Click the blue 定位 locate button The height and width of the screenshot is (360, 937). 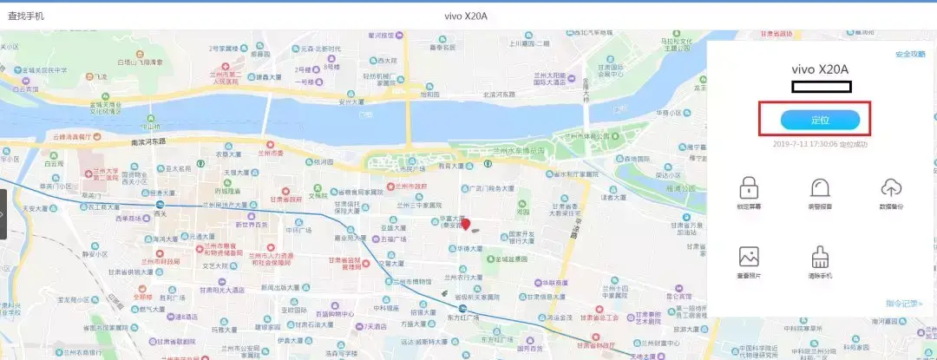[x=819, y=120]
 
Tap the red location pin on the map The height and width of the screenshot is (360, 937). [x=465, y=224]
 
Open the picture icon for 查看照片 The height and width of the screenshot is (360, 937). [x=749, y=257]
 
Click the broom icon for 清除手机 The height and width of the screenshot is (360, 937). [x=820, y=257]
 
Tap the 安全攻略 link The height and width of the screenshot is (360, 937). [x=909, y=55]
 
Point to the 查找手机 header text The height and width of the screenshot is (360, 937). [x=26, y=16]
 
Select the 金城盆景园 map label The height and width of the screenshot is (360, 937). [x=521, y=259]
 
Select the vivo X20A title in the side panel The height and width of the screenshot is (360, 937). [x=819, y=69]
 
